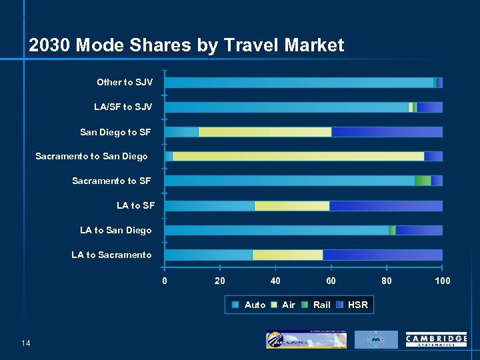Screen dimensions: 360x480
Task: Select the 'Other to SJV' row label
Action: pos(125,82)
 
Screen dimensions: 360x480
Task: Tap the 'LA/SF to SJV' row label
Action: pos(123,107)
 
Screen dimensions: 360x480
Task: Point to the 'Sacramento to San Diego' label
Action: pos(91,156)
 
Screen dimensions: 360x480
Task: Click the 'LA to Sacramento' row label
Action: pos(111,255)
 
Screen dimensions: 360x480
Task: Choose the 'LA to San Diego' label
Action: pos(115,230)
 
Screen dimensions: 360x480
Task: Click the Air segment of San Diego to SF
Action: pos(265,132)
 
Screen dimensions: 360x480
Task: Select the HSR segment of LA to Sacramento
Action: pos(382,255)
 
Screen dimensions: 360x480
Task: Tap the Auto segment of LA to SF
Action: pos(209,206)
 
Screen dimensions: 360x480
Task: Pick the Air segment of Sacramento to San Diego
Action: pos(298,157)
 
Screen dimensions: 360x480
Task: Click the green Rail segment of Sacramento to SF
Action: pos(422,181)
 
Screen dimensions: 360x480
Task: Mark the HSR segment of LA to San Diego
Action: pos(419,230)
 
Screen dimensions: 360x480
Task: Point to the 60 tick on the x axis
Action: pos(331,281)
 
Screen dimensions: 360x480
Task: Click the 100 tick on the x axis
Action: pos(442,281)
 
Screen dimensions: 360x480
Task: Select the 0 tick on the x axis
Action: pos(165,281)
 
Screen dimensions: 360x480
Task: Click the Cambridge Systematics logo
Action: pos(436,340)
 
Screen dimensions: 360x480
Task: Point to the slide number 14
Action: pos(26,343)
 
